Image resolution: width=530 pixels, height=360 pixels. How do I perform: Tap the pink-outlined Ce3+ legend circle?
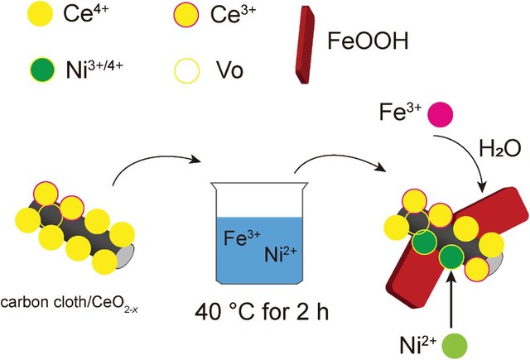[x=185, y=15]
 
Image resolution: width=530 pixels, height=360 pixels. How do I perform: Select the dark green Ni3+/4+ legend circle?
[x=42, y=70]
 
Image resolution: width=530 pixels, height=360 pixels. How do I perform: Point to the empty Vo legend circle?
[x=186, y=71]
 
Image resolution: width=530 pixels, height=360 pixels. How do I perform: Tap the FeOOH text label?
[x=368, y=41]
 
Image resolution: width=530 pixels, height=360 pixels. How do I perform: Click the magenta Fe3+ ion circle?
[x=441, y=114]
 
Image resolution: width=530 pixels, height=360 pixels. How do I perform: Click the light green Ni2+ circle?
[x=455, y=345]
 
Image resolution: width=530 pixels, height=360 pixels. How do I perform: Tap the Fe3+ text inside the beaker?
[x=242, y=237]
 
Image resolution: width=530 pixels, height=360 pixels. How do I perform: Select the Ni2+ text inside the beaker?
[x=281, y=254]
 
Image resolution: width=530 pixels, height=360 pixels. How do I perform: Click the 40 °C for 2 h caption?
[x=262, y=312]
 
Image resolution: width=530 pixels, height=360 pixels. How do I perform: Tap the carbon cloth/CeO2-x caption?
[x=70, y=303]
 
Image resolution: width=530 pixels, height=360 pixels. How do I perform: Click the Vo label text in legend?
[x=229, y=70]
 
